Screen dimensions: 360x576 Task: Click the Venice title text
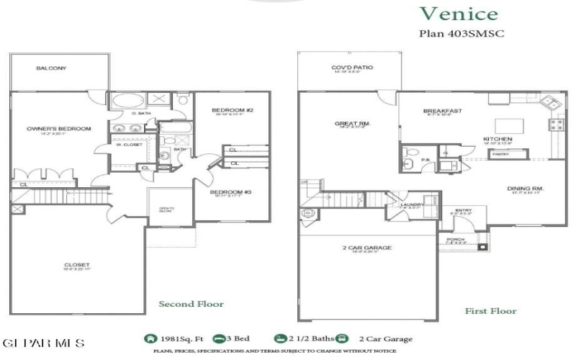[458, 13]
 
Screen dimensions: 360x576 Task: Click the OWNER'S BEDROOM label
[59, 129]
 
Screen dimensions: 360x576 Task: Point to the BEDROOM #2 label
[230, 110]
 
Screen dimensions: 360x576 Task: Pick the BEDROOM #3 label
[230, 192]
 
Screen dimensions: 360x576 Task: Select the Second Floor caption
[191, 304]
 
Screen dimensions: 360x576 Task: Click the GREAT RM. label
[352, 124]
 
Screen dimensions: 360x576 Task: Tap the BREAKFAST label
[442, 111]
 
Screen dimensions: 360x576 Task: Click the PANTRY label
[500, 153]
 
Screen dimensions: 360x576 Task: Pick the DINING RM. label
[527, 189]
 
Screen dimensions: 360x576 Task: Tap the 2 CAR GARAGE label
[367, 248]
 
